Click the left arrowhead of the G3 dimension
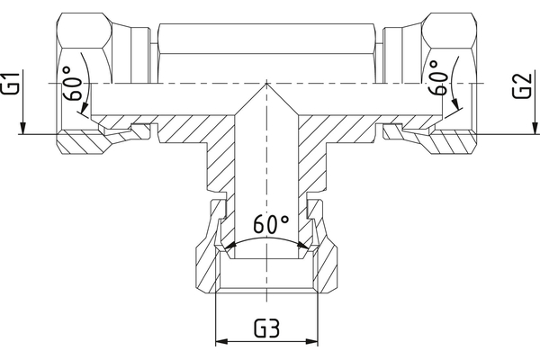[222, 343]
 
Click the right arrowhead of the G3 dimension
[316, 343]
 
